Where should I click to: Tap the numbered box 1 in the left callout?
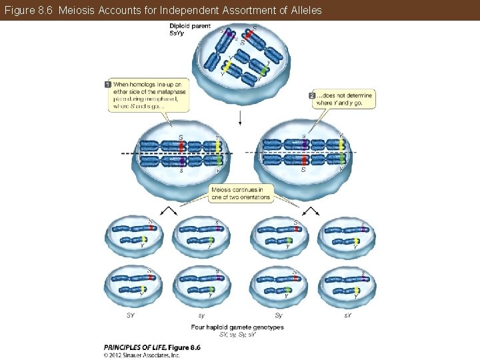[x=108, y=84]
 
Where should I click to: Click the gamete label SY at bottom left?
[x=131, y=315]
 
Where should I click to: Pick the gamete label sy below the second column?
[x=201, y=315]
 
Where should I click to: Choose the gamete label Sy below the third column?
[x=278, y=315]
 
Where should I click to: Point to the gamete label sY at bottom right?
[x=347, y=315]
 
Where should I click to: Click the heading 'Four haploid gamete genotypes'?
[x=237, y=327]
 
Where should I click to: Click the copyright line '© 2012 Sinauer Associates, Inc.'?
[x=142, y=355]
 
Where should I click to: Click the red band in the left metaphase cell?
[x=181, y=145]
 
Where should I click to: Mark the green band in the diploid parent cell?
[x=264, y=69]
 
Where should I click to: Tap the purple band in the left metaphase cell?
[x=181, y=161]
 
